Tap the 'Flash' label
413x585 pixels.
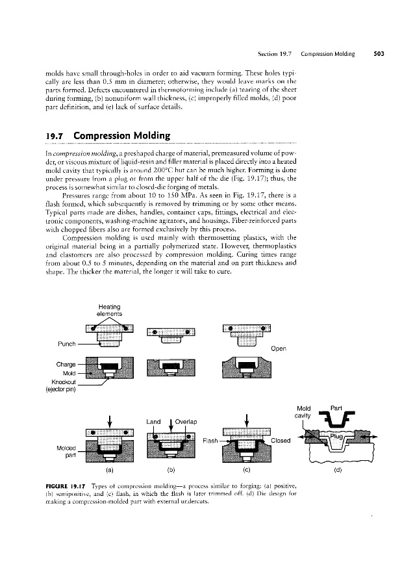pyautogui.click(x=210, y=440)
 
